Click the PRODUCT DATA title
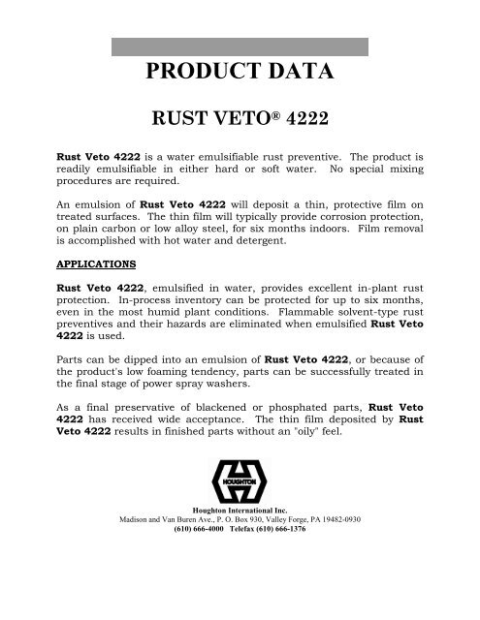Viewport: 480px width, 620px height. pos(240,74)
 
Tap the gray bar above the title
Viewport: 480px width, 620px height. pos(240,46)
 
